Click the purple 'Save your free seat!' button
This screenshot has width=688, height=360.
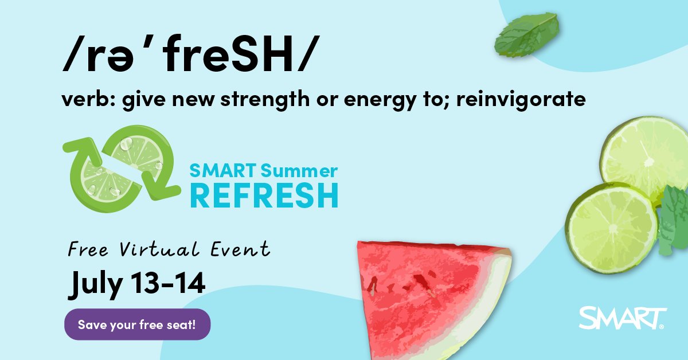pyautogui.click(x=137, y=324)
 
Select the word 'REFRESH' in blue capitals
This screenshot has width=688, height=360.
pyautogui.click(x=264, y=196)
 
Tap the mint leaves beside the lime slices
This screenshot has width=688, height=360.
pyautogui.click(x=674, y=221)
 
